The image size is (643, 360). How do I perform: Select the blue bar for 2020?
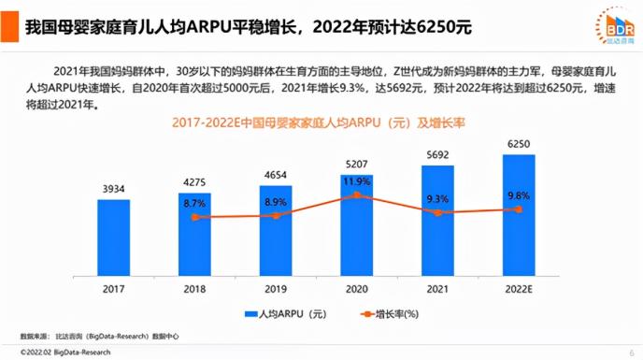click(x=356, y=229)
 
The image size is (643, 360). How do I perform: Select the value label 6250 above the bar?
click(x=519, y=145)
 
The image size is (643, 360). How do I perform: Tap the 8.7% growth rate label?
click(x=194, y=203)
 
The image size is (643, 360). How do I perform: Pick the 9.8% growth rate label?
click(x=519, y=195)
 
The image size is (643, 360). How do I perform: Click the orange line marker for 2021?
click(x=437, y=212)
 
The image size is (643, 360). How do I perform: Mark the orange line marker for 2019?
click(x=276, y=215)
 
